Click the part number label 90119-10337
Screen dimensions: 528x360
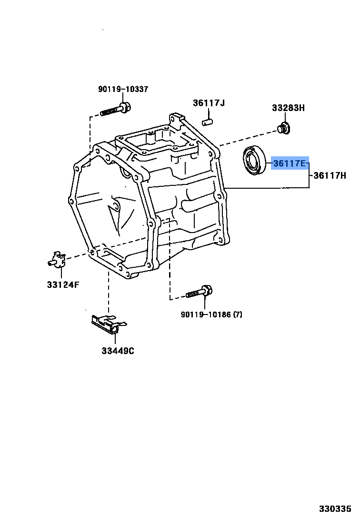[x=123, y=89]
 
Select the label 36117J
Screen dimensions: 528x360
[x=209, y=103]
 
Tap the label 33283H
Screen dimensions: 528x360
[x=288, y=108]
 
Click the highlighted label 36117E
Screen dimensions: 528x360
[x=290, y=163]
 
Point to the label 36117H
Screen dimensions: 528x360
[x=330, y=175]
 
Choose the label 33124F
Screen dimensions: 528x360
[x=63, y=285]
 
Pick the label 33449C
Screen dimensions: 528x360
[x=118, y=351]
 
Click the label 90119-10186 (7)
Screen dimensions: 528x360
[x=211, y=315]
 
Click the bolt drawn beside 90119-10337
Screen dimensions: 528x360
[x=116, y=110]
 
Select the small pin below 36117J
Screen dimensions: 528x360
[x=207, y=122]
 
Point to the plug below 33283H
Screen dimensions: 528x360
[x=284, y=128]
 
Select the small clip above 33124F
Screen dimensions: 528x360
[x=57, y=259]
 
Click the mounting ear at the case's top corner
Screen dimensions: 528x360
[x=177, y=118]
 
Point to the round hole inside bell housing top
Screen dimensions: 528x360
[x=126, y=173]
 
